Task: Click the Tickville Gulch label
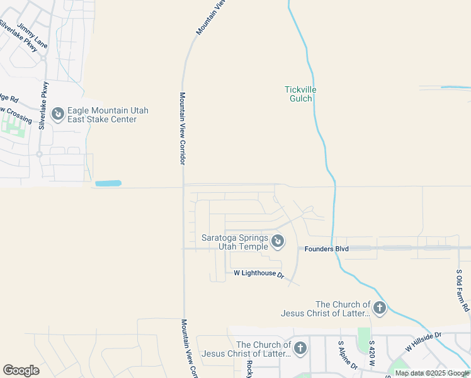coord(300,94)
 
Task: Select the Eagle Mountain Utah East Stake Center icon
coord(58,114)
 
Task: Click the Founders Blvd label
coord(327,249)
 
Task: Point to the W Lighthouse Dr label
coord(259,273)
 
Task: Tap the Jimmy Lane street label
coord(32,36)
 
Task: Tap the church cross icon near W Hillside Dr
coord(379,308)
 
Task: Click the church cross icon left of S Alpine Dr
coord(300,348)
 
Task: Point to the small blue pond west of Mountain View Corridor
coord(108,183)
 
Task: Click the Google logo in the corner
coord(21,370)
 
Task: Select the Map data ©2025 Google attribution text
coord(432,373)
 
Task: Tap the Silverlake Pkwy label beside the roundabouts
coord(43,106)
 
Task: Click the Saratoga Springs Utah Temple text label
coord(234,242)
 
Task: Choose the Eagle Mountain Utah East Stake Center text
coord(108,115)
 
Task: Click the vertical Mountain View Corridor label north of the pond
coord(182,129)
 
